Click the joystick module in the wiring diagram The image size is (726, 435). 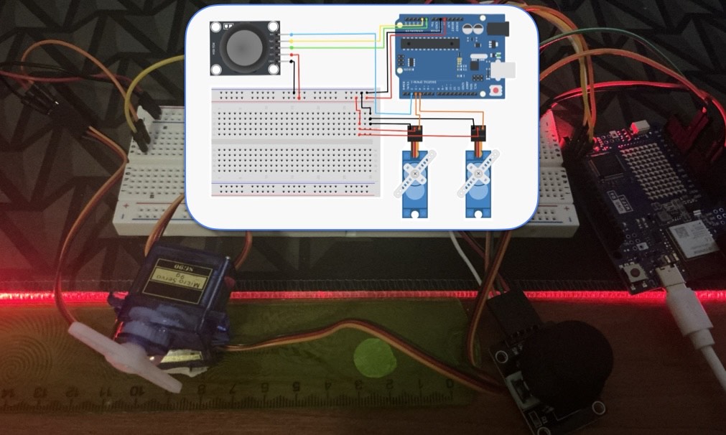click(x=243, y=47)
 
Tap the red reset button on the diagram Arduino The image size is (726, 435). click(x=496, y=90)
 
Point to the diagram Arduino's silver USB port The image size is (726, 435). click(x=505, y=70)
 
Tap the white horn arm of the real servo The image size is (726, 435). click(x=122, y=355)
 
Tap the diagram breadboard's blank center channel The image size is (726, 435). click(x=294, y=141)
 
